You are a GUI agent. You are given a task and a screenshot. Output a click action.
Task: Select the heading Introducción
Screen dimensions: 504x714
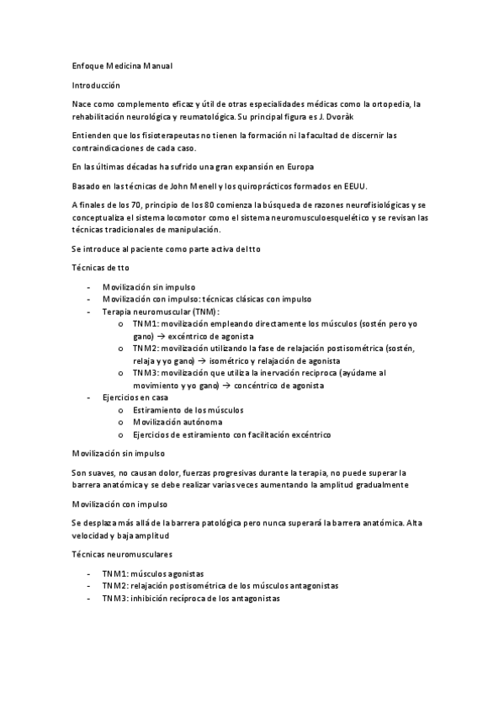tap(96, 85)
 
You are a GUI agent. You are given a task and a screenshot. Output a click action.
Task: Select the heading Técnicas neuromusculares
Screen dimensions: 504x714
tap(122, 555)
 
